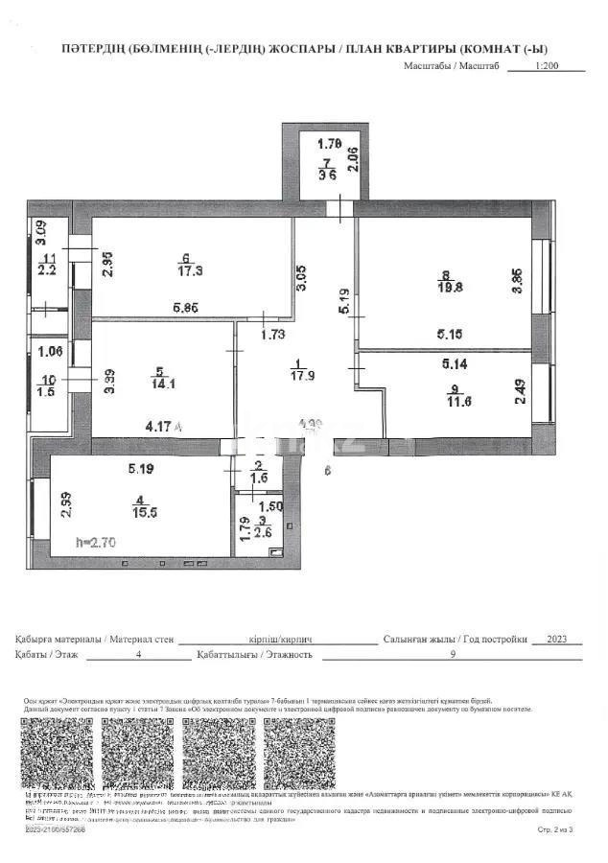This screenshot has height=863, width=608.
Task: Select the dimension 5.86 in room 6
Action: pyautogui.click(x=186, y=308)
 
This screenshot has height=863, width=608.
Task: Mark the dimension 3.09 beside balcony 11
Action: pyautogui.click(x=40, y=234)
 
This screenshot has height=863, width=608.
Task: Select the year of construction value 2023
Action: pyautogui.click(x=548, y=638)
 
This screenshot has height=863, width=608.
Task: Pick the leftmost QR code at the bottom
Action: pyautogui.click(x=60, y=752)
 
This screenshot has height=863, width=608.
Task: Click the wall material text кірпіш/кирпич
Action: pyautogui.click(x=278, y=638)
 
